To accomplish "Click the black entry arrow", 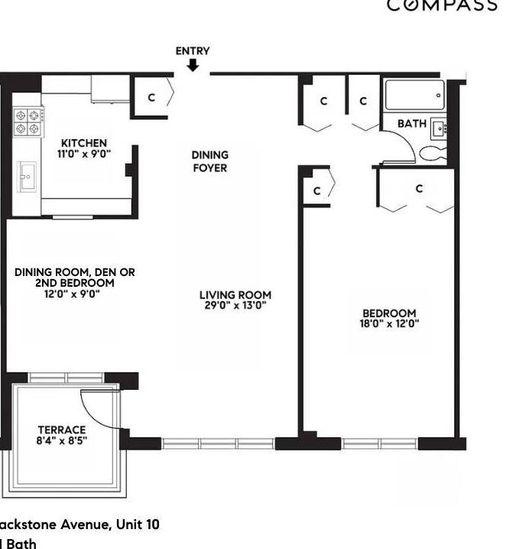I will tap(193, 65).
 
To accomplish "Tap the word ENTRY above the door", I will tap(193, 51).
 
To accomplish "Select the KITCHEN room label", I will tap(84, 143).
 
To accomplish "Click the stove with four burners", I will tap(28, 122).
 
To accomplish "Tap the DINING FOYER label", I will tap(209, 161).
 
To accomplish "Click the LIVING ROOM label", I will tap(235, 295).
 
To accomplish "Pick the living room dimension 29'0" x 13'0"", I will tap(235, 306).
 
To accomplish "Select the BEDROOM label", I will tap(389, 313).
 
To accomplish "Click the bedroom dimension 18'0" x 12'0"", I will tap(390, 323).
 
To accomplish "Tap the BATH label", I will tap(412, 123).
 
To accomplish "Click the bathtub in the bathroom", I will tap(414, 96).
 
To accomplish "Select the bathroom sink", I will tap(439, 128).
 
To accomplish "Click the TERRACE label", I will tap(62, 430).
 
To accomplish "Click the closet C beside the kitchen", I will tap(151, 97).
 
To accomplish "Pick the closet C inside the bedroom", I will tap(419, 188).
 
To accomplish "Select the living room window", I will tap(218, 443).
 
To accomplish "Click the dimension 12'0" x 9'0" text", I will tap(73, 293).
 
